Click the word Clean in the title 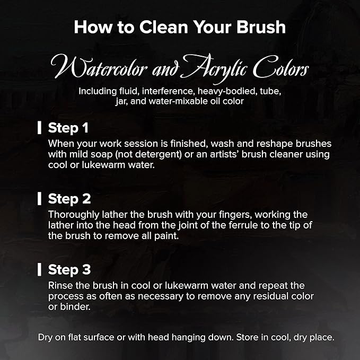tap(164, 27)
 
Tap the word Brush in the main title tap(261, 27)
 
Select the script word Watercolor tap(99, 67)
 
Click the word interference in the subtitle tap(168, 91)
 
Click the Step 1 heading tap(68, 128)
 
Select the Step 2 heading tap(69, 199)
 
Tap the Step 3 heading tap(69, 269)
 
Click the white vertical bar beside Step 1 tap(39, 128)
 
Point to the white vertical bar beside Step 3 tap(39, 269)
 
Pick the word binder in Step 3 tap(75, 307)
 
